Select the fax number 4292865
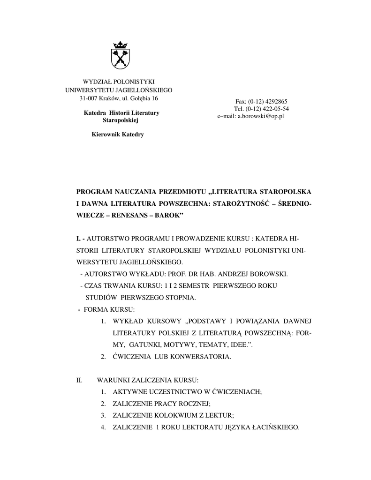click(x=277, y=101)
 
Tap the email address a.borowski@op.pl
click(x=259, y=115)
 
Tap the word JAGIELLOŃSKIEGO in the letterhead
click(x=145, y=90)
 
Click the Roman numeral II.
click(x=79, y=379)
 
